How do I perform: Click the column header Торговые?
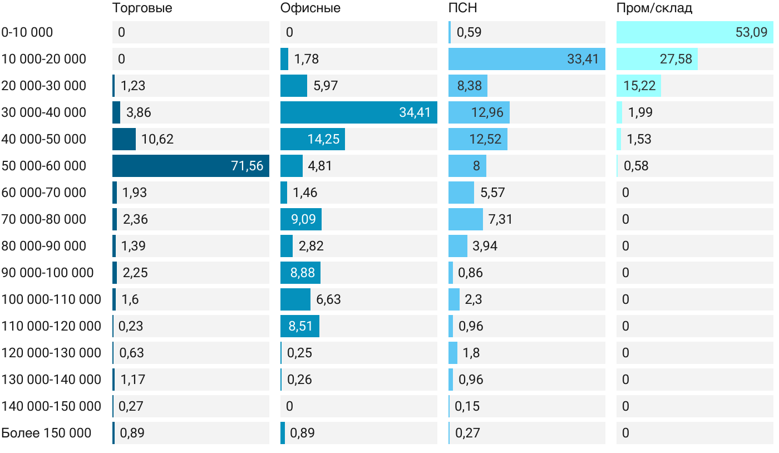(142, 8)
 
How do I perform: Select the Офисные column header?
(310, 8)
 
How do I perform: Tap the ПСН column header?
(462, 8)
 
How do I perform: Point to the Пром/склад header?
(654, 8)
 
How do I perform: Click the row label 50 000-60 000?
(44, 166)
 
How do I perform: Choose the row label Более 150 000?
(46, 433)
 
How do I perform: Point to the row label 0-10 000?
(27, 32)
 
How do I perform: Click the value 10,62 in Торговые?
(157, 139)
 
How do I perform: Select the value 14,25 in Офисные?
(323, 139)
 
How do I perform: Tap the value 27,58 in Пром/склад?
(676, 59)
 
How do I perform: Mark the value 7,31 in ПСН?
(500, 219)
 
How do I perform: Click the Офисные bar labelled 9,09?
(301, 219)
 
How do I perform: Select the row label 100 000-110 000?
(51, 299)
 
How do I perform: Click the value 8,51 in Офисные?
(300, 326)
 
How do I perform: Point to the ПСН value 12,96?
(487, 112)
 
